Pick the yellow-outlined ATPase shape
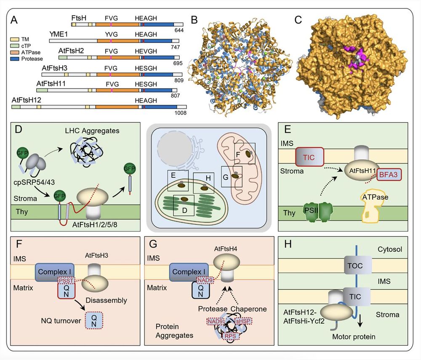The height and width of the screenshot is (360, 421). (374, 203)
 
